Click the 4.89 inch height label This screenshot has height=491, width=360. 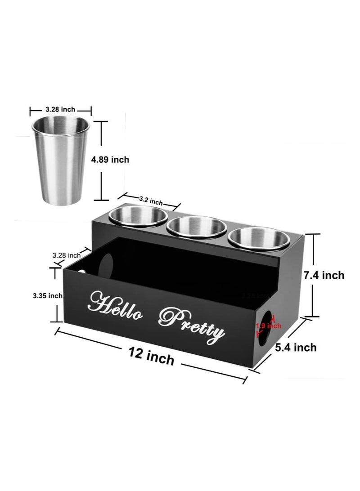coord(110,160)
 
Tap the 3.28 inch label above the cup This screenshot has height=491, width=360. coord(60,109)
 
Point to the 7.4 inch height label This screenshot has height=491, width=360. coord(324,275)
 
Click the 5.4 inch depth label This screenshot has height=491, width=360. coord(296,347)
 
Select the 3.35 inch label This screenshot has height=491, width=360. coord(47,295)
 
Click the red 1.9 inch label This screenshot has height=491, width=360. coord(269,326)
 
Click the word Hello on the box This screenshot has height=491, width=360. coord(116,306)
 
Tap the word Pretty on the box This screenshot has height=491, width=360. coord(193,323)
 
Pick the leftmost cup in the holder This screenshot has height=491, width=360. coord(138,216)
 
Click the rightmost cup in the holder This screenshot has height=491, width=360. coord(259,238)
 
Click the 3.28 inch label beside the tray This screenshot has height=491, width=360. coord(66,255)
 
